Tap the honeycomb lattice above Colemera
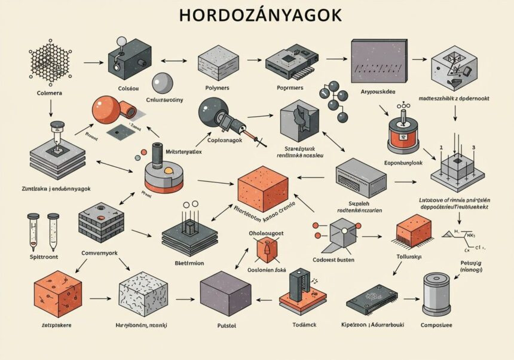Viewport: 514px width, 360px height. [50, 61]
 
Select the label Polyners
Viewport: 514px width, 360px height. [218, 88]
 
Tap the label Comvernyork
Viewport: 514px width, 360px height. [100, 252]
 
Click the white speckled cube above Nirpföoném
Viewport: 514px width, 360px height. [143, 292]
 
